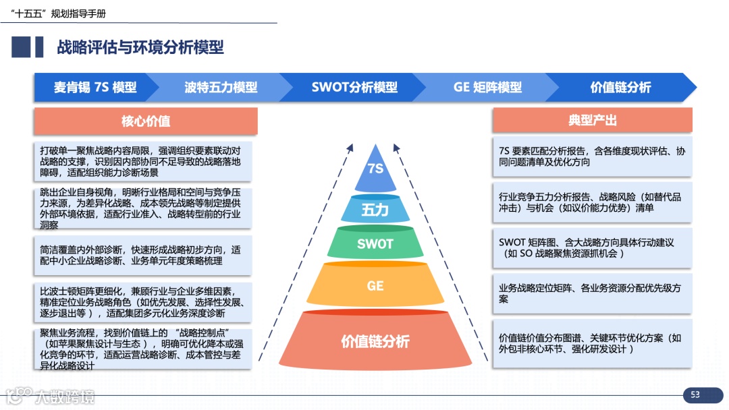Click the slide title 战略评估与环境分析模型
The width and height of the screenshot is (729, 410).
[140, 47]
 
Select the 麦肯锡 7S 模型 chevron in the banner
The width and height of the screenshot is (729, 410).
[95, 87]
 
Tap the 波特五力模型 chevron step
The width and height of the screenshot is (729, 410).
[221, 87]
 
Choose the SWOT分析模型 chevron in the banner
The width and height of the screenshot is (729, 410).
[354, 87]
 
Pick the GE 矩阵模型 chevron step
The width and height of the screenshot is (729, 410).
[487, 87]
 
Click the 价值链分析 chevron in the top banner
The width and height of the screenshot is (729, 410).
[620, 87]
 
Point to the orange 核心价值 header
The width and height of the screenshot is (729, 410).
[145, 121]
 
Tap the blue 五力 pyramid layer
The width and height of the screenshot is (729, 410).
[375, 209]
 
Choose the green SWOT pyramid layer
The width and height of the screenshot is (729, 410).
[375, 243]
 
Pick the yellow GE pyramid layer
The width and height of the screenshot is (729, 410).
[375, 286]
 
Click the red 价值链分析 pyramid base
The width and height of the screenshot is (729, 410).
[375, 341]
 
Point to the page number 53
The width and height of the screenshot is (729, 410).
[695, 394]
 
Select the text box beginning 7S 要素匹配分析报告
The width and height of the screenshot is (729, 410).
[592, 157]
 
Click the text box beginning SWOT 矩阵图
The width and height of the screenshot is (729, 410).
[592, 247]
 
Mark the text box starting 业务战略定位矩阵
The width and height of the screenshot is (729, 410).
[592, 293]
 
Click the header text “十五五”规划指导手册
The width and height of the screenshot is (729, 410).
[63, 13]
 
